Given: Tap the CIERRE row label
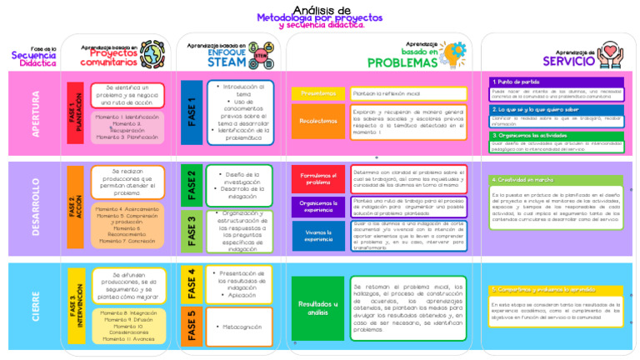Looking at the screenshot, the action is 35,307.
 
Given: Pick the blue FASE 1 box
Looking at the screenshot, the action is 191,112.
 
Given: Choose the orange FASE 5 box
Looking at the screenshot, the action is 191,326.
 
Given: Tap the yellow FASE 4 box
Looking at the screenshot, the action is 191,284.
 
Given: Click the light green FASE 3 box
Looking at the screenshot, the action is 191,230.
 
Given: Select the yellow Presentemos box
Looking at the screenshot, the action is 317,93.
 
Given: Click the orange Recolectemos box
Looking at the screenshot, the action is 317,122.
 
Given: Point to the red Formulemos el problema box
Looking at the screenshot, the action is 317,178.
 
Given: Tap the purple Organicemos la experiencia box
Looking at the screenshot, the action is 317,206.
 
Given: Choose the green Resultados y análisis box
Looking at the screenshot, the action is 317,307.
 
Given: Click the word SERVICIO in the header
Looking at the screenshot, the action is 569,60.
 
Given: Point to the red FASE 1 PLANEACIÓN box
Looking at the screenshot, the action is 75,112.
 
